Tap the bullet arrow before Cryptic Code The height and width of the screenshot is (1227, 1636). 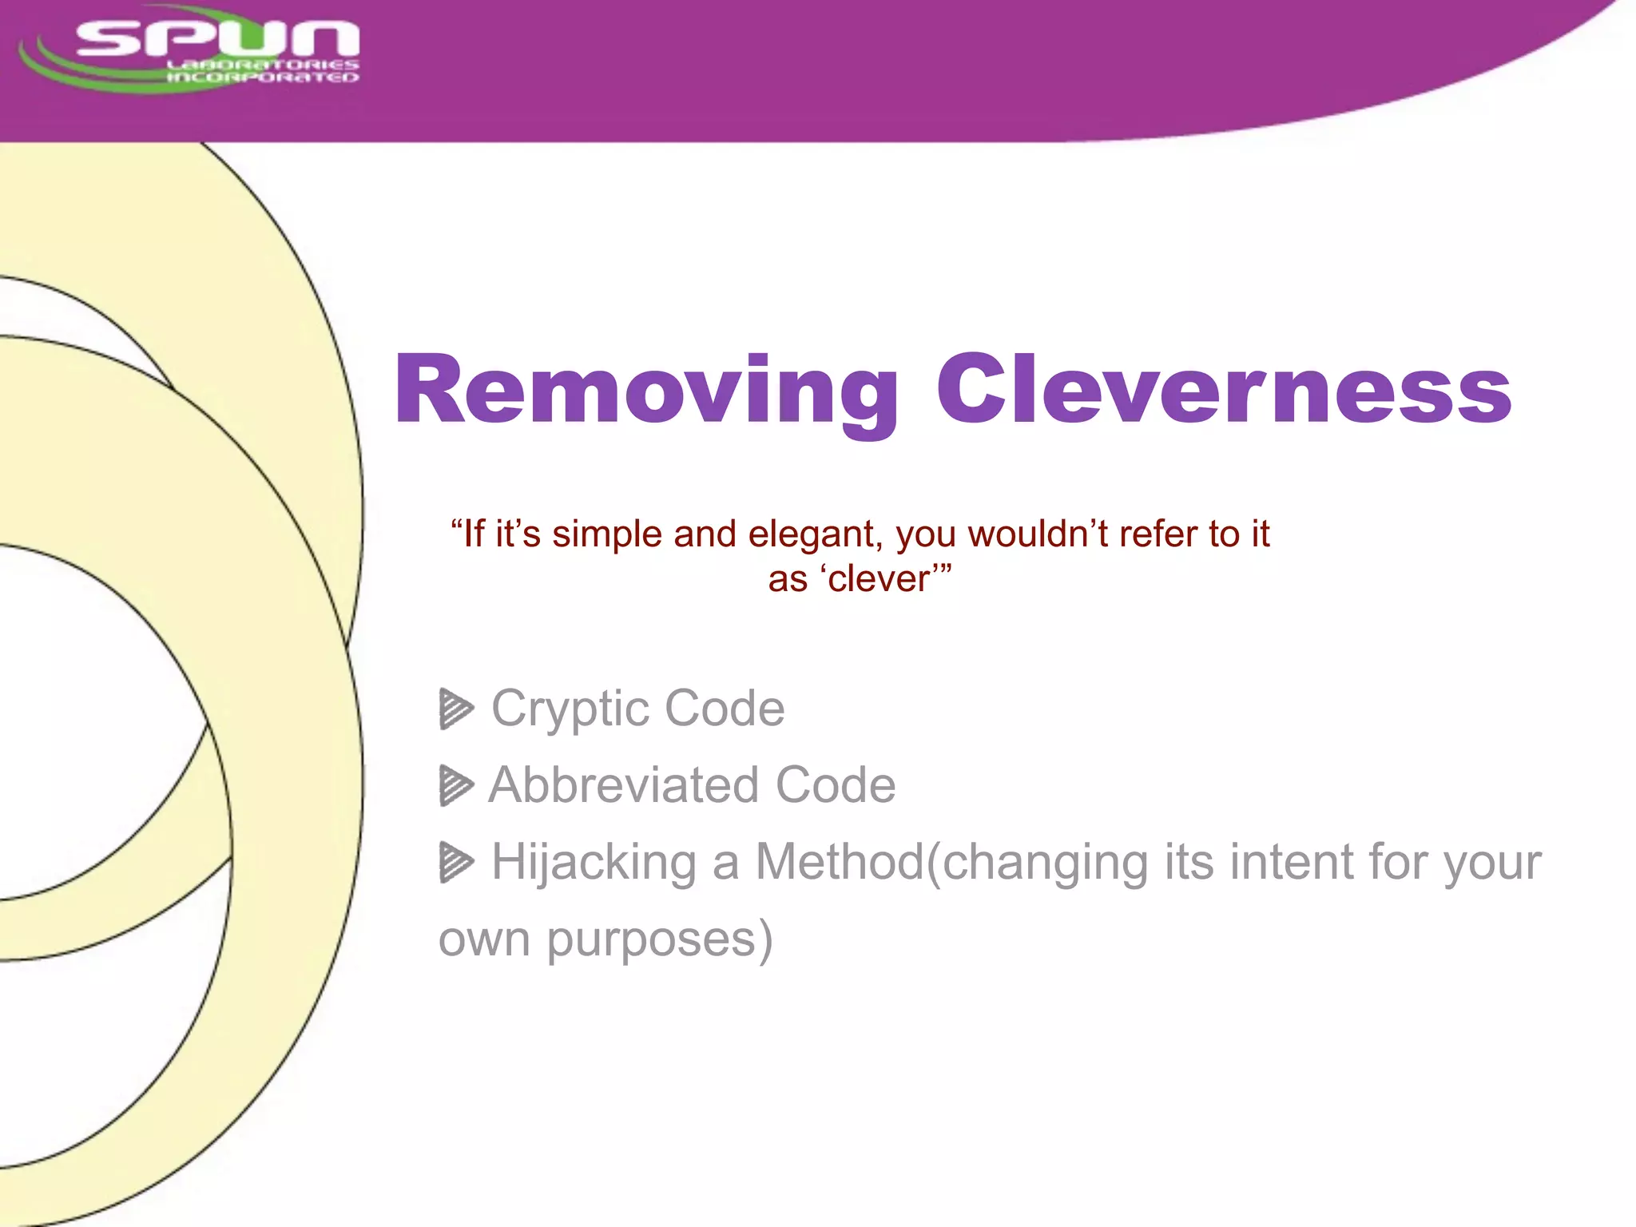click(456, 709)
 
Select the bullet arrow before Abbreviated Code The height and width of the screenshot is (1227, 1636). click(456, 785)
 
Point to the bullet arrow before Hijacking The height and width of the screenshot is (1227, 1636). click(456, 863)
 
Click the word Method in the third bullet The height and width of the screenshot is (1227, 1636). click(839, 863)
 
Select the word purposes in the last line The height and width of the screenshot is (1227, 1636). click(651, 939)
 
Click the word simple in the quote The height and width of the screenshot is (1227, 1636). click(606, 534)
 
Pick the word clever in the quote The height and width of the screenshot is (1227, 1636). click(879, 579)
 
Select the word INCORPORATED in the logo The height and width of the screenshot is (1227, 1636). click(262, 77)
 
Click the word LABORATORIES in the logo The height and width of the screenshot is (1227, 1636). click(262, 64)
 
